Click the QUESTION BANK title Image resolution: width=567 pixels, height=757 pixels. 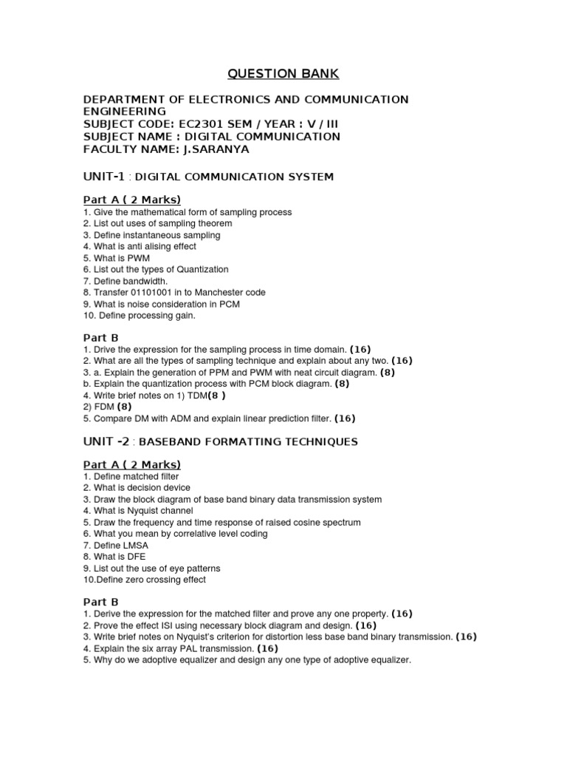[283, 73]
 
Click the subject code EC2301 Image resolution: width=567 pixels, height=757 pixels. [217, 123]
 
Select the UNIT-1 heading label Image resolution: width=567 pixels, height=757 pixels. [105, 177]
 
